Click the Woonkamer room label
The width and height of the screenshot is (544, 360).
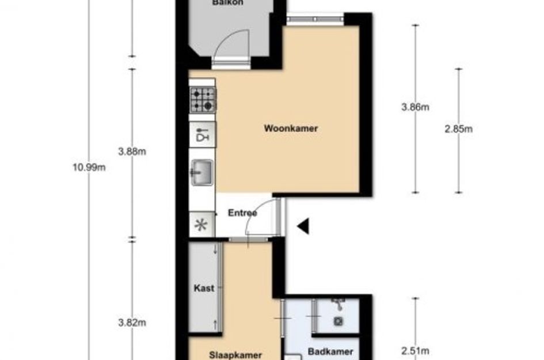291,128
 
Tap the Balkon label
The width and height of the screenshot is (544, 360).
227,3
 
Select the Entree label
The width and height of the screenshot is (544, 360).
242,213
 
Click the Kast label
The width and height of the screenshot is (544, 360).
205,288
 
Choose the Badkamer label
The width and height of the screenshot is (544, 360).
326,352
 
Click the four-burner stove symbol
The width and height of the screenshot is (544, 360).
203,99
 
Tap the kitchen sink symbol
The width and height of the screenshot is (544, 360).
202,172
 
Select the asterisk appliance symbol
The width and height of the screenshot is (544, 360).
201,225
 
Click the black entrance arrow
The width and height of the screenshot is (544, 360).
303,226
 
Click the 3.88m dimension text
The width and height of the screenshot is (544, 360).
132,152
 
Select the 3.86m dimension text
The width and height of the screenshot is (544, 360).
416,107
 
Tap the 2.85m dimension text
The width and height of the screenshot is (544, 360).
458,129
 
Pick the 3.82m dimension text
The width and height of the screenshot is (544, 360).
132,323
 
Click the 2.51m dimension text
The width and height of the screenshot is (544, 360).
416,350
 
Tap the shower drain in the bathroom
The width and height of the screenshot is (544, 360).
338,321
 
